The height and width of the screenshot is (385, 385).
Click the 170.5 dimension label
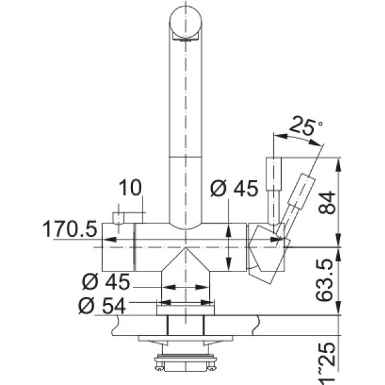70,229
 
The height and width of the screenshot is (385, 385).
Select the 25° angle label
306,126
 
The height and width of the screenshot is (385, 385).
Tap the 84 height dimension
327,203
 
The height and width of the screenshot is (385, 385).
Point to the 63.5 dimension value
324,280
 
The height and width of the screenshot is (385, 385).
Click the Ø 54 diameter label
102,306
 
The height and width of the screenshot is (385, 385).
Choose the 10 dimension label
130,187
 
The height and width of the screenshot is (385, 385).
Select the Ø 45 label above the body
234,188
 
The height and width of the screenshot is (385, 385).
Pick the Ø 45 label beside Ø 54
106,282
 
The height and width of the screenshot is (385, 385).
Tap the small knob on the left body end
118,218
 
